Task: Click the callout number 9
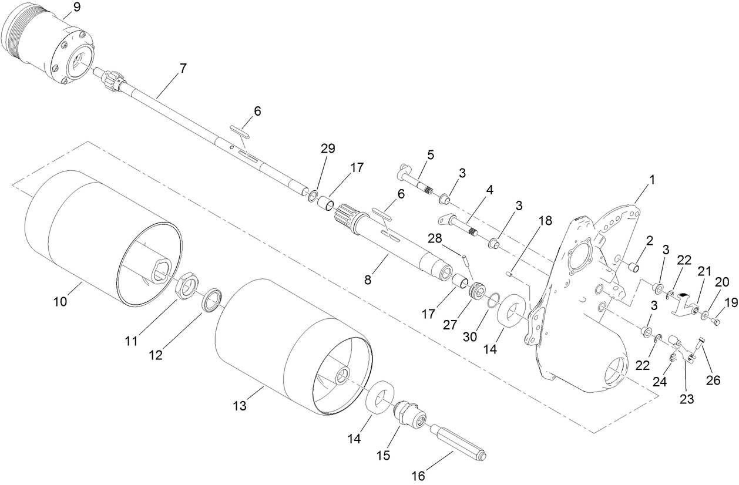pyautogui.click(x=77, y=8)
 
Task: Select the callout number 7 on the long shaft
pyautogui.click(x=183, y=68)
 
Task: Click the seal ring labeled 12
pyautogui.click(x=212, y=299)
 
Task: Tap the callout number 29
pyautogui.click(x=328, y=149)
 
